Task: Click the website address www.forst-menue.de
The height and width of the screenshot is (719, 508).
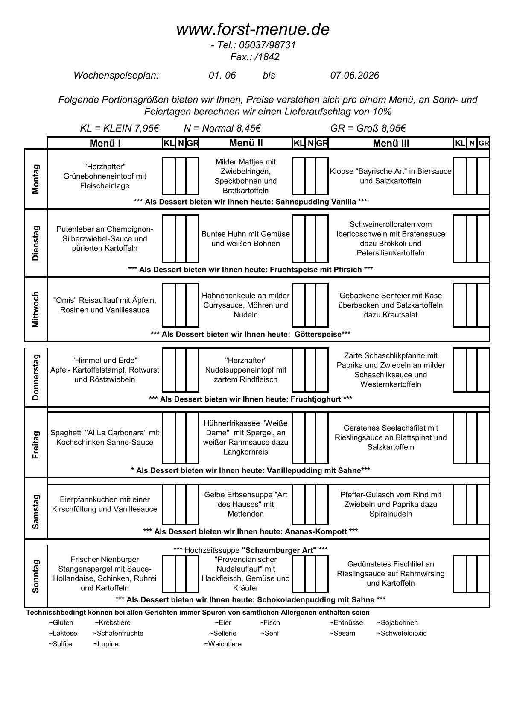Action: tap(253, 29)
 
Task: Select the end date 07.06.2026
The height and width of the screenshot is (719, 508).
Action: tap(354, 76)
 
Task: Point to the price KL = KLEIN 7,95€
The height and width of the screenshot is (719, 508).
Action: tap(120, 128)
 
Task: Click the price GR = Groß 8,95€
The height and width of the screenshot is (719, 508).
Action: tap(368, 128)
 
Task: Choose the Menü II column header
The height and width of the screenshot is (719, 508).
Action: tap(246, 143)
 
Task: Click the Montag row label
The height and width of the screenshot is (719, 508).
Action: tap(36, 179)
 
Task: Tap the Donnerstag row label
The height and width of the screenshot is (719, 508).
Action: tap(36, 377)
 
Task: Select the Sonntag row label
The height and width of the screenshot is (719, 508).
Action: tap(36, 576)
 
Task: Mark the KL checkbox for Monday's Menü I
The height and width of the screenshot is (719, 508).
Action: tap(169, 176)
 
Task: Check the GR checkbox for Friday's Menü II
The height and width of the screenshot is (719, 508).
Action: tap(322, 437)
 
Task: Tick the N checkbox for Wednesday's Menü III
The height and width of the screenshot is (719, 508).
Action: tap(472, 305)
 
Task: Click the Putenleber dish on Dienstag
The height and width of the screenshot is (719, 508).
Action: tap(105, 239)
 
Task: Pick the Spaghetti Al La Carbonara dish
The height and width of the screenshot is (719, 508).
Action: tap(105, 437)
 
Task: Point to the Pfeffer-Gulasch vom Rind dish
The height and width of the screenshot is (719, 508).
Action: tap(391, 504)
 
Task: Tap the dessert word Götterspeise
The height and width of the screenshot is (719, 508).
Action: tap(318, 334)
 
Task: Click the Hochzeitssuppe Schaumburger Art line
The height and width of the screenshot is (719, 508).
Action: tap(251, 550)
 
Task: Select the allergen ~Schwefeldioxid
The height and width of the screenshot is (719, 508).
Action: tap(401, 633)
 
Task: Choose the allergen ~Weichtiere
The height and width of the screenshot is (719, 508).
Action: tap(222, 644)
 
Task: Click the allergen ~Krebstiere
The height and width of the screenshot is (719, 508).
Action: tap(112, 622)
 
